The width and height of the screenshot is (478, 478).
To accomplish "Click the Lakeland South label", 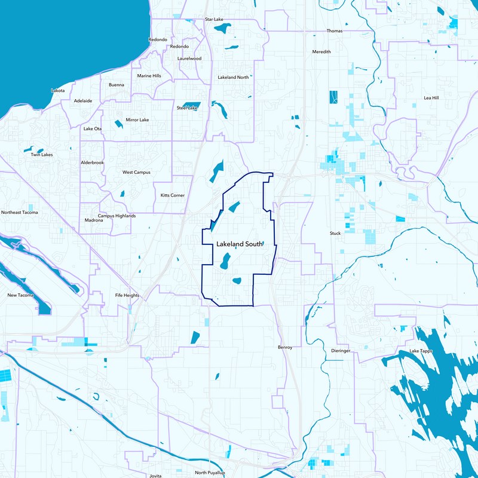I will point(239,244).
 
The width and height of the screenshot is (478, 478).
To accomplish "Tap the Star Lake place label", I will point(214,19).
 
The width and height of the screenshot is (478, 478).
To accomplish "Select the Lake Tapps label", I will point(419,351).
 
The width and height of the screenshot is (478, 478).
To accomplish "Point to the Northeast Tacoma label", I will point(19,212).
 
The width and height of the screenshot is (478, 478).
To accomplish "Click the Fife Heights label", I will point(127,295).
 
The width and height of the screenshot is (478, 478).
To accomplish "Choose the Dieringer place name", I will point(341,351).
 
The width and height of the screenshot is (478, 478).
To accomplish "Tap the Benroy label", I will point(285,347).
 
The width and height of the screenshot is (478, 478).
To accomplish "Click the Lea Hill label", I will point(431,97).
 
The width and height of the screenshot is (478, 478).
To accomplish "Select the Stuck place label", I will point(335,233).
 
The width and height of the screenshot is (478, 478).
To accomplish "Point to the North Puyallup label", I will point(209,473).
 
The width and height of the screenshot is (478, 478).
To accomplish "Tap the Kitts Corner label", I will point(173,195).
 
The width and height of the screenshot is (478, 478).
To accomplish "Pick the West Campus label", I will point(136,172).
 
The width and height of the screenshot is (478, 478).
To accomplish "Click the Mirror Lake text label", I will point(137,120).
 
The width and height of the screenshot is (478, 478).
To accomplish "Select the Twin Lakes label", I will point(42,155).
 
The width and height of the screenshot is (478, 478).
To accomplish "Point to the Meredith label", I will point(321,52).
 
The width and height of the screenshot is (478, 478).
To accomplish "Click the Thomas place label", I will point(335,30).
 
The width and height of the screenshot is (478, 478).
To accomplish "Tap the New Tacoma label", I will point(21,295).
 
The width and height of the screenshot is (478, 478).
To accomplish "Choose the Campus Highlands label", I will point(117,216).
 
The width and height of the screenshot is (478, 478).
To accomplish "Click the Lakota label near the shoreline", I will point(58,90).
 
